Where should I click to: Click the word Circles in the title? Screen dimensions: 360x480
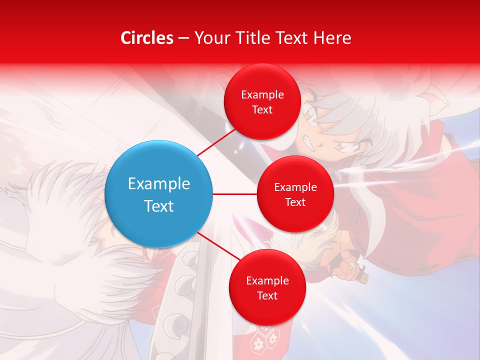147,38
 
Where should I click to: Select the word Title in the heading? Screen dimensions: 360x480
250,38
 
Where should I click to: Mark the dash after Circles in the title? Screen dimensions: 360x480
183,38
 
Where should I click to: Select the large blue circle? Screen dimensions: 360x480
158,194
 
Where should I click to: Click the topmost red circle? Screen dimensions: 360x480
262,102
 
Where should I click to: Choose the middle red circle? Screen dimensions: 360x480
295,194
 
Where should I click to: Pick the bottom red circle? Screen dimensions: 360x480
267,287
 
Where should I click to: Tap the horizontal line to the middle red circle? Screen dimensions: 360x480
234,194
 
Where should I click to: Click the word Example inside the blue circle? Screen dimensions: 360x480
158,183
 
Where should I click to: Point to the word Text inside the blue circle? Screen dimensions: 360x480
158,205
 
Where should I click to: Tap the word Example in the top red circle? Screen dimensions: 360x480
262,94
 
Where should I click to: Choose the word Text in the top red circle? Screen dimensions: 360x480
262,109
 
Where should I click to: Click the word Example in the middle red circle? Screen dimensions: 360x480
295,187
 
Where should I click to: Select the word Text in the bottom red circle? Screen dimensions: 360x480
267,295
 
